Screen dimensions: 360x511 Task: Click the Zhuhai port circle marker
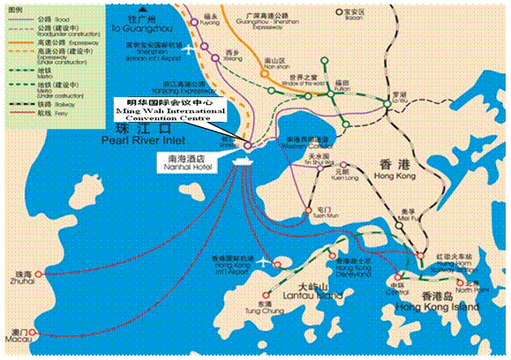tap(38, 274)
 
